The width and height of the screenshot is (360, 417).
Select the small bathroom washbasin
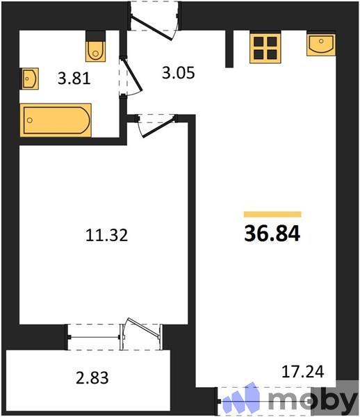click(28, 79)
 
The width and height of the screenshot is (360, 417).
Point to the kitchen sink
click(321, 44)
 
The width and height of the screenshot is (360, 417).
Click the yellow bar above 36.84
click(272, 215)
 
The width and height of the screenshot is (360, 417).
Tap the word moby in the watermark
click(312, 401)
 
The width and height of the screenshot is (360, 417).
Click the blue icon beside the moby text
click(244, 400)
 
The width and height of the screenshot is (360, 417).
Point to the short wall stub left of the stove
click(229, 48)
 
